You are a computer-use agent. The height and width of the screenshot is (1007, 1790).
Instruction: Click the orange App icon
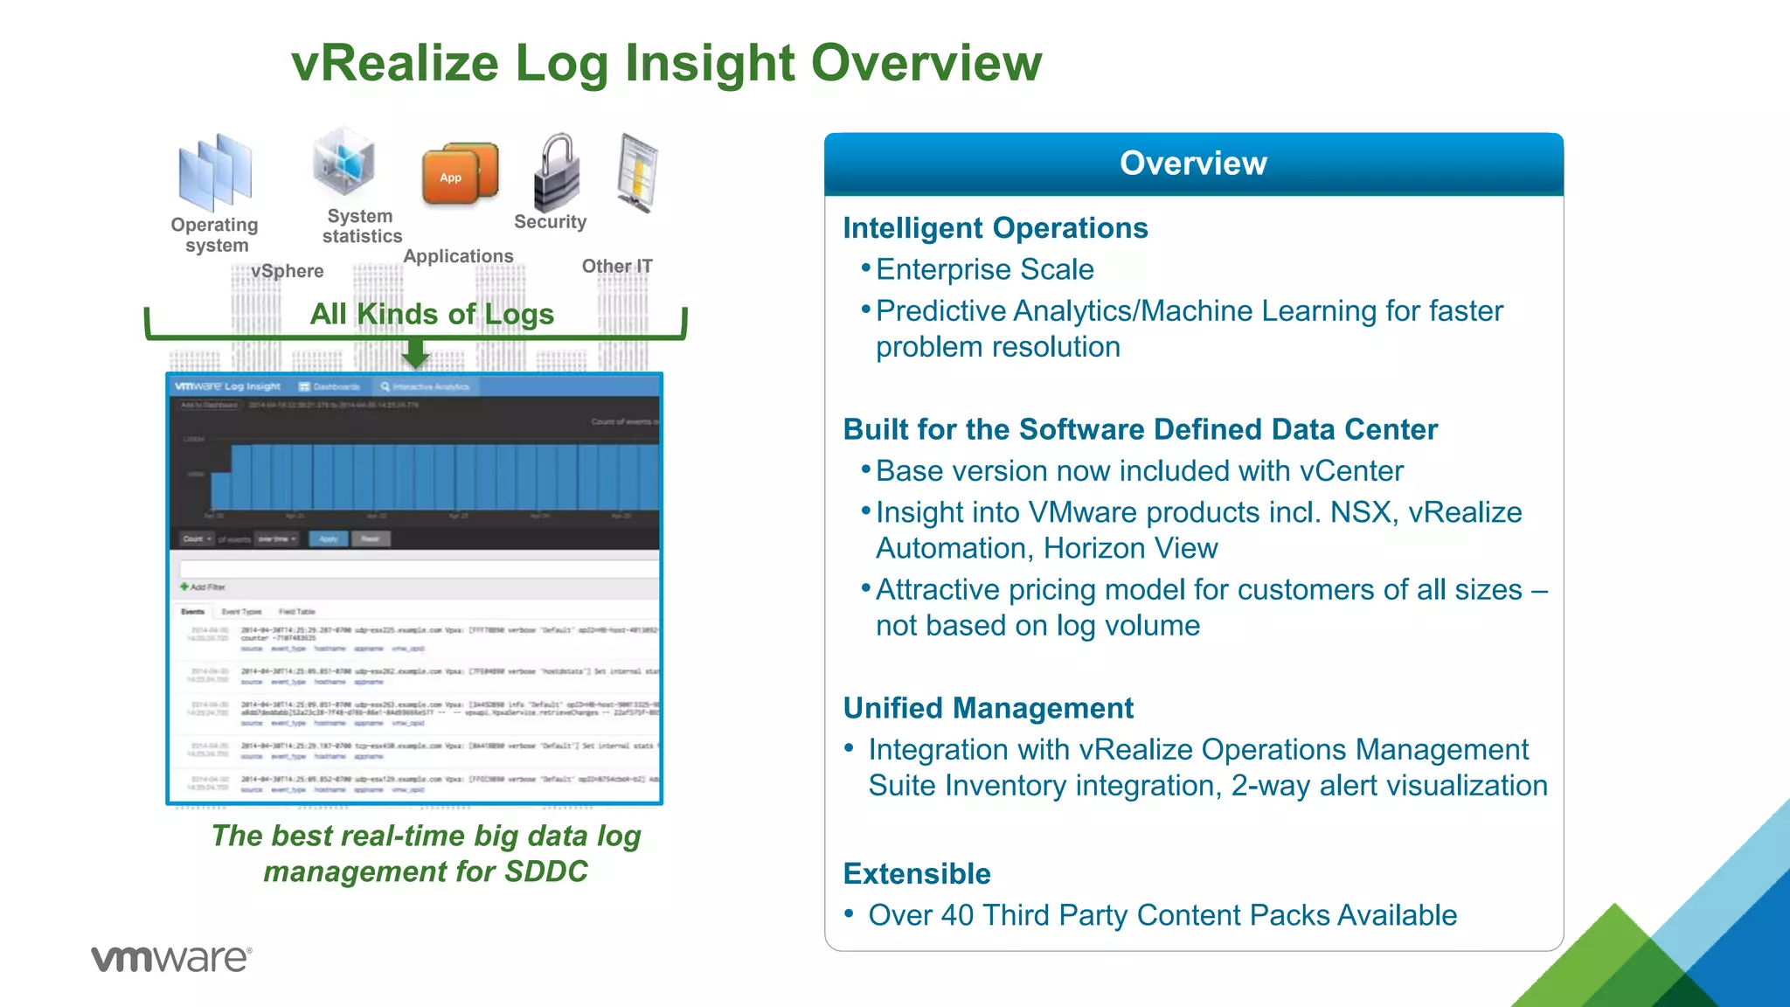tap(459, 174)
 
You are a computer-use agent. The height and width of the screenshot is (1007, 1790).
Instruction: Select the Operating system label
tap(215, 235)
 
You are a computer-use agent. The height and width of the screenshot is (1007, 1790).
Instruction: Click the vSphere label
tap(287, 272)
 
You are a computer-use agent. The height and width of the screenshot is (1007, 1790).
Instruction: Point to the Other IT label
tap(617, 267)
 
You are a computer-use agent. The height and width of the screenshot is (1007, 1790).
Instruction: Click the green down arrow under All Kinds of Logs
tap(415, 353)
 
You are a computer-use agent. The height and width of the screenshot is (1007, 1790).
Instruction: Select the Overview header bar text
tap(1193, 163)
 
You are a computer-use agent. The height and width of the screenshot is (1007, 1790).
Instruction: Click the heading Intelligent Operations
tap(995, 228)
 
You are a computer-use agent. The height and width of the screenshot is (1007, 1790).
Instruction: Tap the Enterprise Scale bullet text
tap(984, 270)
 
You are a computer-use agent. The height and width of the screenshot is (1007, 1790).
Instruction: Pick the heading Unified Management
tap(988, 708)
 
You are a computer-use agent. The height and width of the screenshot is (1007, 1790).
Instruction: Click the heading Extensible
tap(917, 874)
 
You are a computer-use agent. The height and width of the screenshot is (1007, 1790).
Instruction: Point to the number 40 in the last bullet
tap(957, 915)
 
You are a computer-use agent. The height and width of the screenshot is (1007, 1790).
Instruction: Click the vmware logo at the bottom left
tap(171, 959)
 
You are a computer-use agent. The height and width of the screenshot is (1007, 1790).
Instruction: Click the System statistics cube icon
tap(344, 163)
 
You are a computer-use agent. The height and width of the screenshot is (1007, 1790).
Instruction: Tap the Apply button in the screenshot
tap(329, 539)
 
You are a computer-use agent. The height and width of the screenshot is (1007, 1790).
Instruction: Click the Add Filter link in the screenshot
tap(204, 587)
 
